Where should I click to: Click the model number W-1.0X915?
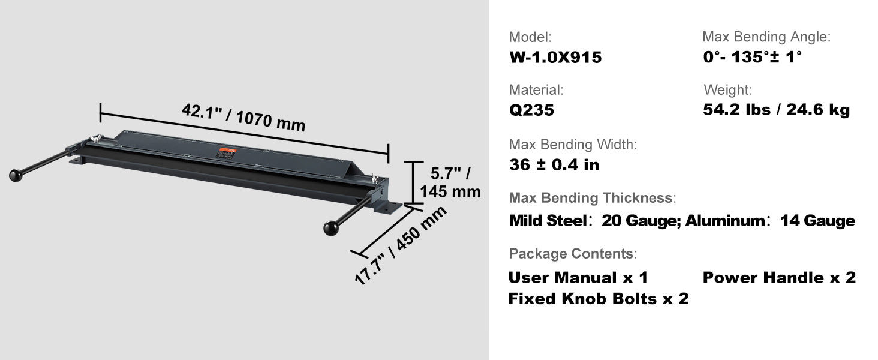coord(555,57)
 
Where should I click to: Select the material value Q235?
coord(531,110)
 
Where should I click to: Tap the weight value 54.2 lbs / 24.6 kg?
coord(776,109)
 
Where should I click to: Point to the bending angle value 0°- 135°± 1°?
coord(752,57)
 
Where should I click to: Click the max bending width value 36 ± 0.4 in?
coord(554,165)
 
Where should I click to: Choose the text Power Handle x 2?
coord(779,278)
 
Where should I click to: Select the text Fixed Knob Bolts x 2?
coord(599,299)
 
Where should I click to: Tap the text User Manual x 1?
coord(578,278)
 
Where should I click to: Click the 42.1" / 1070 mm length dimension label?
coord(243,118)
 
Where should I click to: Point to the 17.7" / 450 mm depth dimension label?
coord(400,245)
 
